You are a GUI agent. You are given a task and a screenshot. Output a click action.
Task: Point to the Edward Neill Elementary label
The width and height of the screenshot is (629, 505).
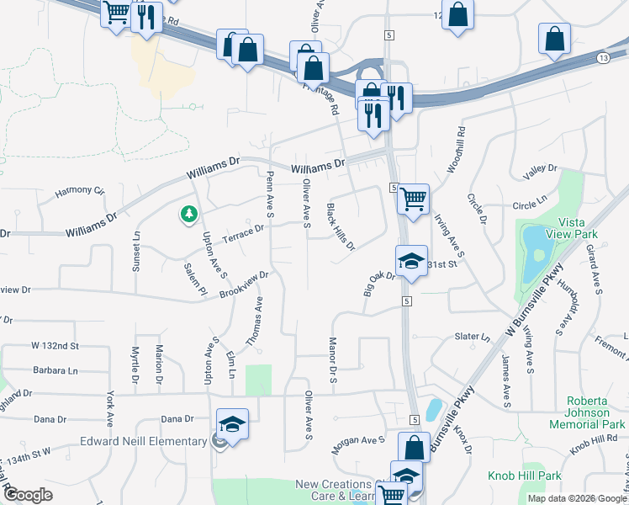point(143,441)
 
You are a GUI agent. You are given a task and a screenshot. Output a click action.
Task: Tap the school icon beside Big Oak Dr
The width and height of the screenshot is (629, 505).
point(411,262)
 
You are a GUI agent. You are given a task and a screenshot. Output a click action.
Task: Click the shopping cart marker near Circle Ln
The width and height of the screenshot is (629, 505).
point(413,199)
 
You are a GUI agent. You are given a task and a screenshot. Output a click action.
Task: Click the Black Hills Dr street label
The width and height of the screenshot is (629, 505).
point(341,227)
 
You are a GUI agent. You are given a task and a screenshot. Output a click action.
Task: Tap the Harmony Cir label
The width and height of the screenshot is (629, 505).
point(80,191)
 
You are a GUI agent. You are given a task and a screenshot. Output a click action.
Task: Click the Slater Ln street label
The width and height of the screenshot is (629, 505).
point(472,337)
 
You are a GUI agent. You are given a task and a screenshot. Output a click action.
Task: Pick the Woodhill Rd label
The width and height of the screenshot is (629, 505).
point(456,150)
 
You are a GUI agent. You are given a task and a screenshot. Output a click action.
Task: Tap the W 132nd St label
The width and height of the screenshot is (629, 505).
point(55,346)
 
